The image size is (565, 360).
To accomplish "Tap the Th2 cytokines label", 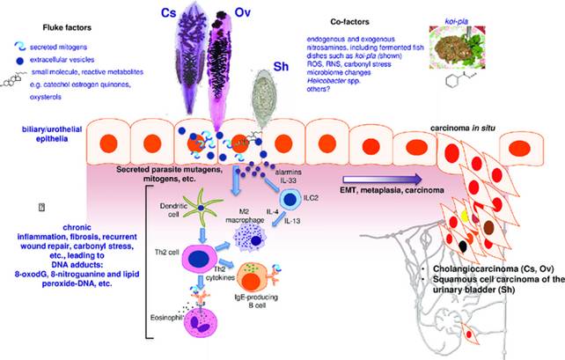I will coord(226,275).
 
